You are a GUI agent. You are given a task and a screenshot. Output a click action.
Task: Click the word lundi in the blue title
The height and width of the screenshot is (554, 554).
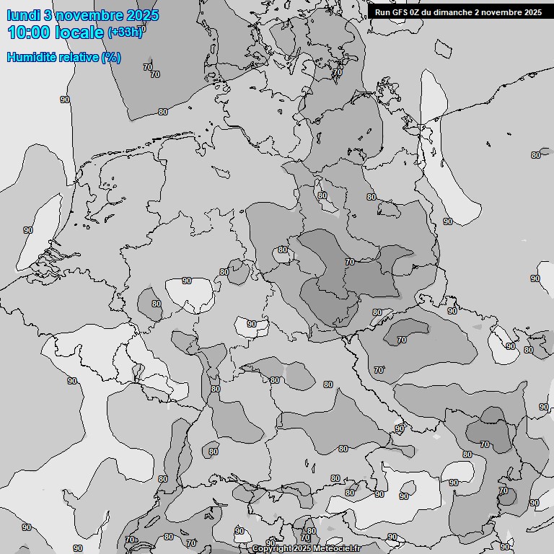[23, 15]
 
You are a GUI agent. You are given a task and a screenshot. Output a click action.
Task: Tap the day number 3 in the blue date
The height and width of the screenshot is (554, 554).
[48, 15]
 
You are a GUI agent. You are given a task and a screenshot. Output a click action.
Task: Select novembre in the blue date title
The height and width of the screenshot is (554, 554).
[86, 15]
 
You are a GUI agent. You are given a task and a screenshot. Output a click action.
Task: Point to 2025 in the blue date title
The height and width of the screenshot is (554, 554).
[141, 15]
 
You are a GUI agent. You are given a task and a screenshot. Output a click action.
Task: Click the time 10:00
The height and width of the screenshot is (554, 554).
[29, 32]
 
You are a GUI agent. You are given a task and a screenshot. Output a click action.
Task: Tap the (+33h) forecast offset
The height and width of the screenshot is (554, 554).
[126, 31]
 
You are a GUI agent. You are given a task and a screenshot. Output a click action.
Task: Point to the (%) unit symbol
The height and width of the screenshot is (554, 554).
[111, 57]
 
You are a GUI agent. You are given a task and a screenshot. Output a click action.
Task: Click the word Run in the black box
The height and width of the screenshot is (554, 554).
[382, 12]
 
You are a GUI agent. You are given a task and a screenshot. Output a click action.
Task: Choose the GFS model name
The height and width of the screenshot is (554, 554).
[400, 12]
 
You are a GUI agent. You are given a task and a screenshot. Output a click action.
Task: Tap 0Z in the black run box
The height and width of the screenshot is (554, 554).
[416, 12]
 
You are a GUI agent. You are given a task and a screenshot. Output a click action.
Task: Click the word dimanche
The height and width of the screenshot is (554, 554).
[454, 12]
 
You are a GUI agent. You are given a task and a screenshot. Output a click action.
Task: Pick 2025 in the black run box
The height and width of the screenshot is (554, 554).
[532, 12]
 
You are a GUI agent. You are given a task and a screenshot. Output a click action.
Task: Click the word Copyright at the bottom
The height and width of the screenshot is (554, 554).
[271, 549]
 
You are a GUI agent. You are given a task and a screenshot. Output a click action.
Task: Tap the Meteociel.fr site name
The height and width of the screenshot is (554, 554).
[336, 549]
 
